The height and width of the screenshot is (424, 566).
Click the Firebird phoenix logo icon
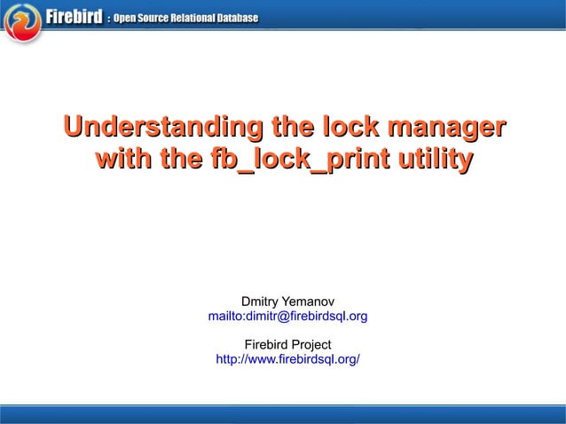tap(23, 23)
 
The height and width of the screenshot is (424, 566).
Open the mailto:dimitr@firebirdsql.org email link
tap(287, 316)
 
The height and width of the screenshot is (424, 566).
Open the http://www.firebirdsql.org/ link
tap(287, 358)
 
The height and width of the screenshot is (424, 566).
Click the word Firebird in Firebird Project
tap(264, 344)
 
